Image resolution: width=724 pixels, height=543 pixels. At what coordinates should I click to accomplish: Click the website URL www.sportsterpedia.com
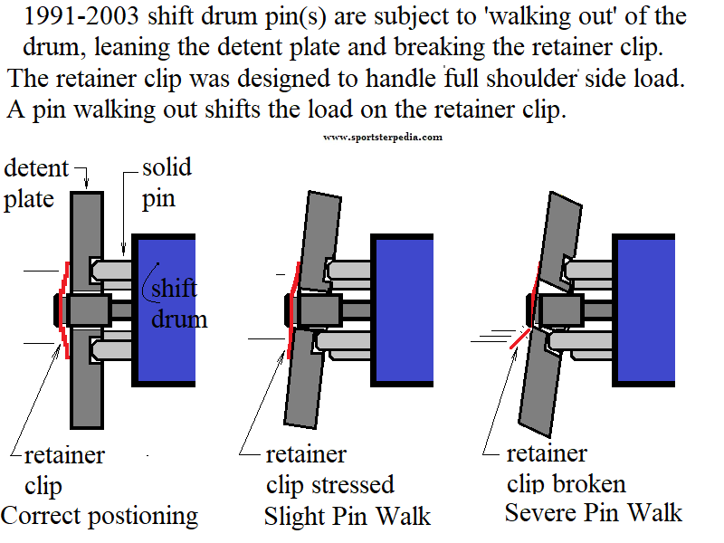coord(383,138)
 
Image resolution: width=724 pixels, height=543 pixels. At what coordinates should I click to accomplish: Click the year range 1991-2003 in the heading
coord(81,16)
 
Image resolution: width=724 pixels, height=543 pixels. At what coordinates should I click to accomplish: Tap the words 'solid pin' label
coord(167,184)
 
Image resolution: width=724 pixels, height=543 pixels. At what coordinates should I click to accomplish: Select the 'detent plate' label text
coord(36,184)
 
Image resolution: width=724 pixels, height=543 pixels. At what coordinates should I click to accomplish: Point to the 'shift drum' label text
coord(179,304)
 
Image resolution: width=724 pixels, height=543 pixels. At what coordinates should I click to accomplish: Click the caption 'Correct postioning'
coord(100,516)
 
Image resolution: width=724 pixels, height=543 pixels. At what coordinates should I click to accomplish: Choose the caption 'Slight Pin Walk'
coord(348,516)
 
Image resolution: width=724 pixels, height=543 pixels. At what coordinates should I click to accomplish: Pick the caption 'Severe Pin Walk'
coord(594,512)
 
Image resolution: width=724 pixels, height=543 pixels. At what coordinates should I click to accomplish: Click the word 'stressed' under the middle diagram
coord(352,485)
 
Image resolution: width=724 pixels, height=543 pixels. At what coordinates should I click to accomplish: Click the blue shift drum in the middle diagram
coord(402,310)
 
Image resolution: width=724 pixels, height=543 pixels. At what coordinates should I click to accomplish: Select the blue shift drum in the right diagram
coord(643,310)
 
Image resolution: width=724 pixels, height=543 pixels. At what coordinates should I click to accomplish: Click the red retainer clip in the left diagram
coord(62,310)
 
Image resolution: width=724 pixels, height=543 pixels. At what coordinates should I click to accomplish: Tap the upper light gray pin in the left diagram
coord(112,269)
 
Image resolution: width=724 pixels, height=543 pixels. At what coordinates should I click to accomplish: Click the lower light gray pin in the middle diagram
coord(344,342)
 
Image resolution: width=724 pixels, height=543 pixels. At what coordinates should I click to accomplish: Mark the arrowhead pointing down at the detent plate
coord(86,184)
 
